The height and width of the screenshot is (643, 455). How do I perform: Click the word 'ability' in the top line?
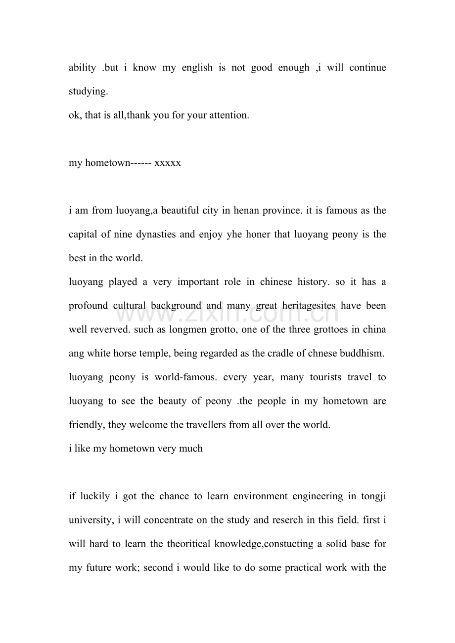tap(82, 68)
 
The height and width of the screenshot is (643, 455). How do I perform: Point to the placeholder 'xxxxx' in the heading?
tap(168, 162)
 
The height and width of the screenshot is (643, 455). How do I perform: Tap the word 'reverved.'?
tap(111, 329)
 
